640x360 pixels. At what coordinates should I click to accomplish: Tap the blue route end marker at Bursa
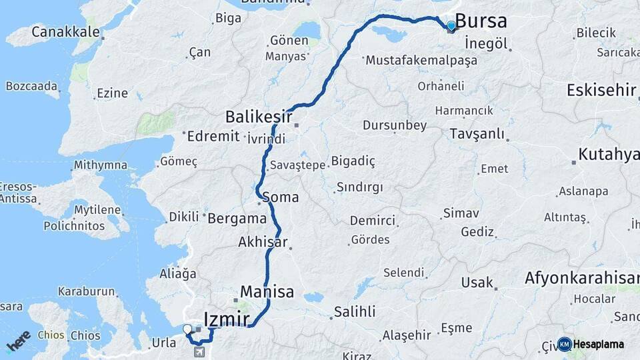pyautogui.click(x=451, y=26)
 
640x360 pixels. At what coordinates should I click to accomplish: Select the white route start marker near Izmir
pyautogui.click(x=187, y=329)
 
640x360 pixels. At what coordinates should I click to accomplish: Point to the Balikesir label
pyautogui.click(x=259, y=117)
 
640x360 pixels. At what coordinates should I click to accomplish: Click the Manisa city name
pyautogui.click(x=267, y=292)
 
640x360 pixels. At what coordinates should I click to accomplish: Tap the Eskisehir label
pyautogui.click(x=601, y=90)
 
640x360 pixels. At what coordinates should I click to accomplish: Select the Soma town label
pyautogui.click(x=281, y=197)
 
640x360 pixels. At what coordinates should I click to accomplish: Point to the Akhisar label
pyautogui.click(x=263, y=242)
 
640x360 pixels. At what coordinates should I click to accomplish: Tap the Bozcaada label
pyautogui.click(x=32, y=85)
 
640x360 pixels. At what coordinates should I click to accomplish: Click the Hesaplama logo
pyautogui.click(x=591, y=344)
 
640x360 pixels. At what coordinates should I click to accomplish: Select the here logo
pyautogui.click(x=19, y=341)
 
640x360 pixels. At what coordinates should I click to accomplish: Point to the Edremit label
pyautogui.click(x=213, y=136)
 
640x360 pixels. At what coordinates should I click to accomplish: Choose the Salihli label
pyautogui.click(x=355, y=311)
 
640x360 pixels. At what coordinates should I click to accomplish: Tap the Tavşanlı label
pyautogui.click(x=477, y=133)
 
